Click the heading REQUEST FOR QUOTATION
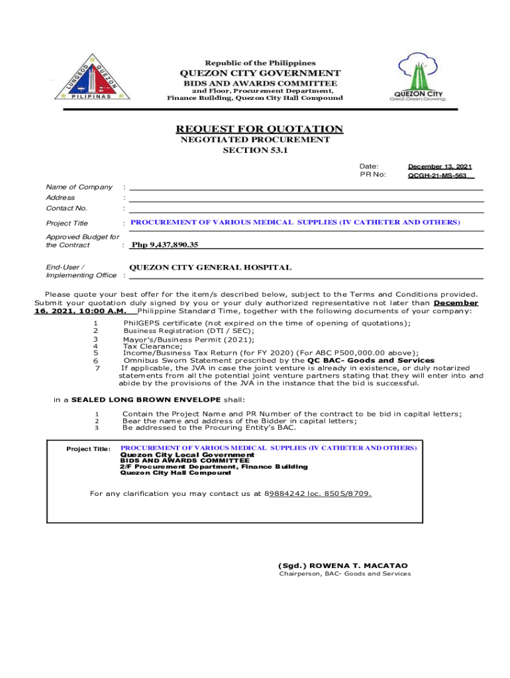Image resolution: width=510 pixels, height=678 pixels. tap(259, 128)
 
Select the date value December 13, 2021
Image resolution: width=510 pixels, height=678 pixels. tap(440, 167)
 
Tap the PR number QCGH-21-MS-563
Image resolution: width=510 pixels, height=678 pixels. tap(437, 176)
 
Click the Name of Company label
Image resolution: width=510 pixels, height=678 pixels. tap(79, 187)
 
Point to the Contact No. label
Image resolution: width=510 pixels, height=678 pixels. tap(66, 209)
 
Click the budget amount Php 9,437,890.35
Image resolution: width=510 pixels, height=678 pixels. tap(165, 245)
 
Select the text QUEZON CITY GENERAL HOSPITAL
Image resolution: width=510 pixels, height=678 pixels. tap(210, 267)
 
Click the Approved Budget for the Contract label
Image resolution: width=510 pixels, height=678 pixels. tap(82, 241)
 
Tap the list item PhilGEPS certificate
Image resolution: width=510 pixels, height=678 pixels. tap(267, 323)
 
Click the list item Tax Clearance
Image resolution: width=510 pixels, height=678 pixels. tap(152, 346)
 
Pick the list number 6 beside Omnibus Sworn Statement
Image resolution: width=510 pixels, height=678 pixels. tap(96, 361)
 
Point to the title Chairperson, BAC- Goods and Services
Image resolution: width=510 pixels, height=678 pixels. tap(344, 574)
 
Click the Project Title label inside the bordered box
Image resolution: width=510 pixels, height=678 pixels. tap(89, 450)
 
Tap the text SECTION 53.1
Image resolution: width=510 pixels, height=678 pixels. tap(255, 150)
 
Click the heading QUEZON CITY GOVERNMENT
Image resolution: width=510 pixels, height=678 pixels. tap(260, 73)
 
